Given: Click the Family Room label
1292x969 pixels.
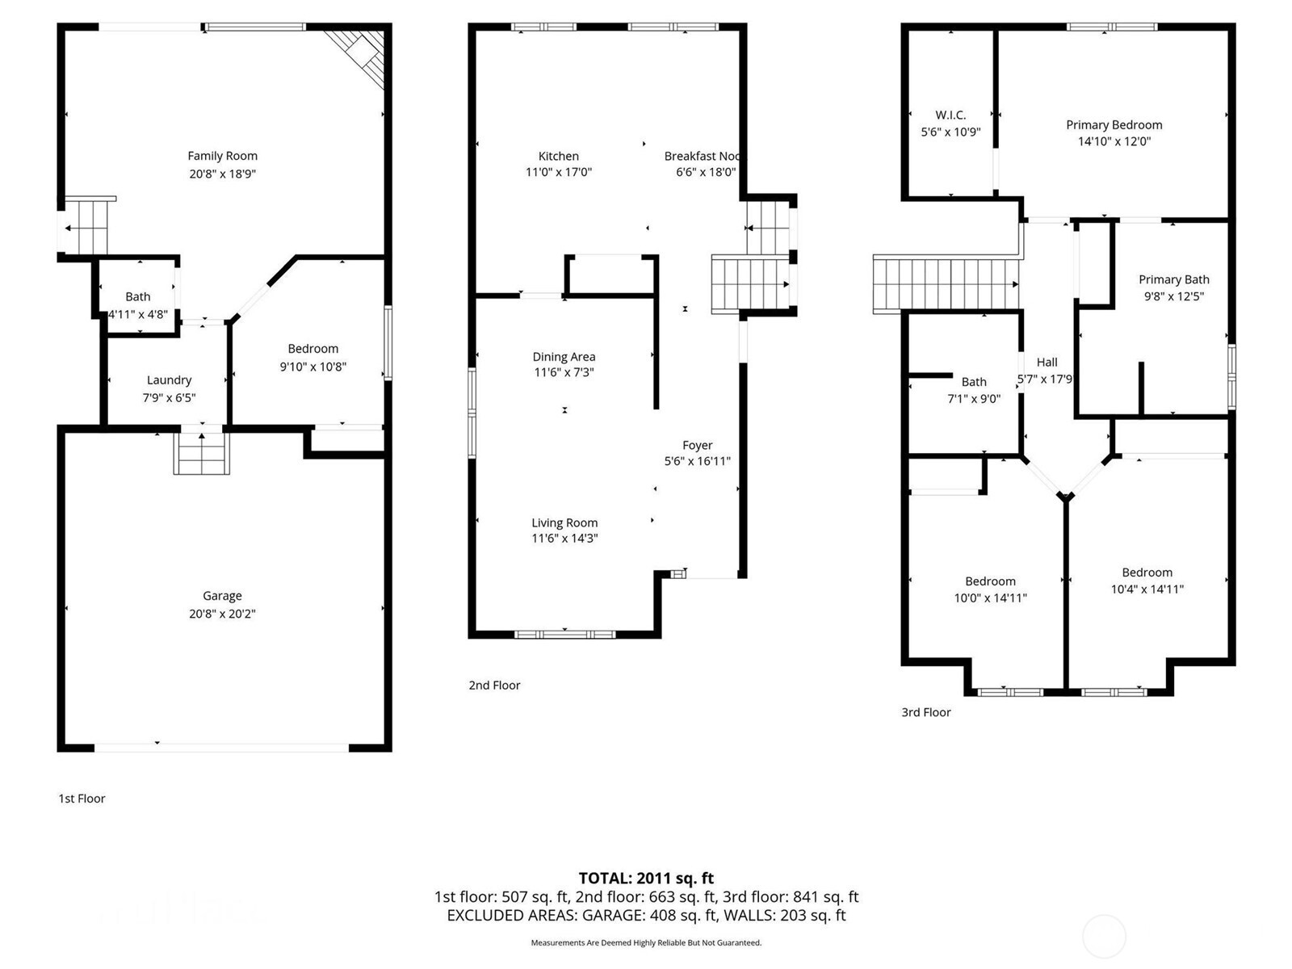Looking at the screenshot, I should click(x=222, y=156).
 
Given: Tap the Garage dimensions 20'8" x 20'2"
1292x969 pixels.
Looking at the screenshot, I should click(x=222, y=614).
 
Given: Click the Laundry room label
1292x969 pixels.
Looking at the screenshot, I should click(x=169, y=380).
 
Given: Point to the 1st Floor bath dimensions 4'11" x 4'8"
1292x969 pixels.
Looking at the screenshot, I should click(x=138, y=314).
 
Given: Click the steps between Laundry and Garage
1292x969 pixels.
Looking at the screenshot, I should click(x=202, y=454).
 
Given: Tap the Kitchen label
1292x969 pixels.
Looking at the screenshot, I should click(x=558, y=156).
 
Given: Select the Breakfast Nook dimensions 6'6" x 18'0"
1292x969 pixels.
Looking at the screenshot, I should click(x=705, y=172).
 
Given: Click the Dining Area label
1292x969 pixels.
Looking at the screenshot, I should click(x=564, y=356).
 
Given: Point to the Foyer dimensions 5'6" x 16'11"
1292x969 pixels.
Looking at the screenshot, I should click(x=697, y=461).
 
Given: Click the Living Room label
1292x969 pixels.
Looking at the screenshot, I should click(x=564, y=522).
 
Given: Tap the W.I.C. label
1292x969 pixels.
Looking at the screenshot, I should click(x=950, y=115).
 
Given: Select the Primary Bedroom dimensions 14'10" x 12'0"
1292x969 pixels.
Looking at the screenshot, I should click(x=1114, y=141).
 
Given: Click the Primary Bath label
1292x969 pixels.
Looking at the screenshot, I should click(x=1173, y=279).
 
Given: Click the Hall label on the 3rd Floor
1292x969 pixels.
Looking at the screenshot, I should click(x=1047, y=362).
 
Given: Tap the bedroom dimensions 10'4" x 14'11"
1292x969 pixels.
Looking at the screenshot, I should click(x=1147, y=589).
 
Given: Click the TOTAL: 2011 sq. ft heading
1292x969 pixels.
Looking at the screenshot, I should click(x=646, y=878).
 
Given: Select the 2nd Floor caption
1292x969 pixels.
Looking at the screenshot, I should click(x=494, y=685).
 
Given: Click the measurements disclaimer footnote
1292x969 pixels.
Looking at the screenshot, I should click(x=646, y=942).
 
